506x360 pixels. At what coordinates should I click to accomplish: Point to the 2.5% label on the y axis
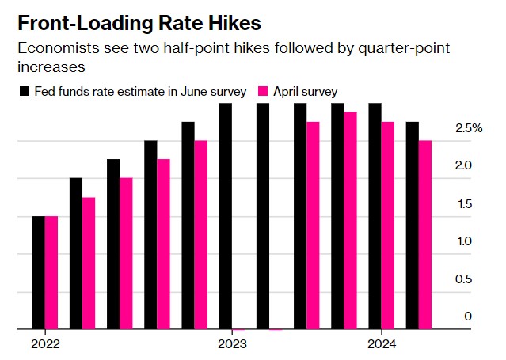(x=469, y=128)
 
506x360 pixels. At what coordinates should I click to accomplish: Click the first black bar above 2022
(x=39, y=272)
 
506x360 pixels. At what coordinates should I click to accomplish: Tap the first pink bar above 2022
(x=51, y=272)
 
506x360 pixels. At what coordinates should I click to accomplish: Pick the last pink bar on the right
(x=425, y=235)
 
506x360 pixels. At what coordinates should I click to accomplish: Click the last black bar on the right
(x=413, y=225)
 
